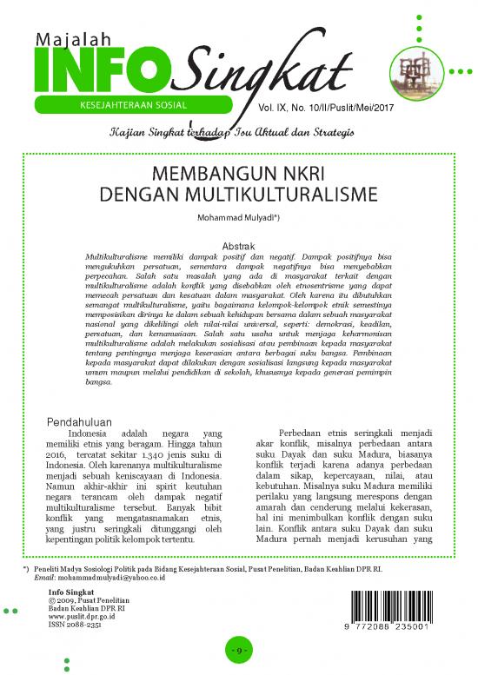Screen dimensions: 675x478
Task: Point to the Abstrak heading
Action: coord(238,248)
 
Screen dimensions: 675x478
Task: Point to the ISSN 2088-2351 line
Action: coord(76,624)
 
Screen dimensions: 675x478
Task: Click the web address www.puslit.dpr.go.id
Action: coord(82,616)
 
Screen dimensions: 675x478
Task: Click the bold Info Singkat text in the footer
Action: coord(72,592)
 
